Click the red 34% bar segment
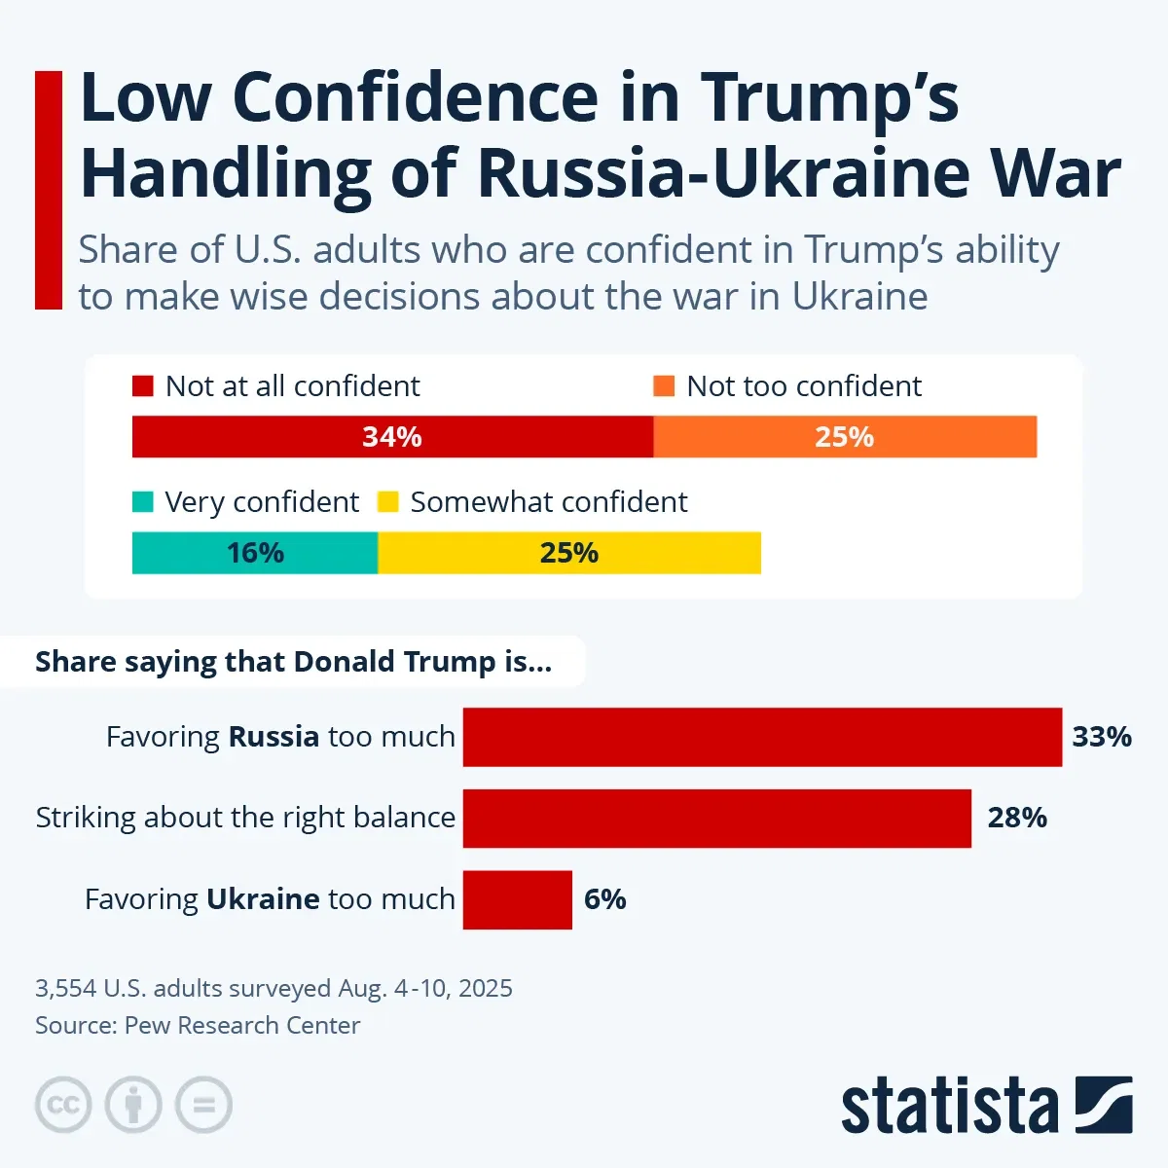click(392, 436)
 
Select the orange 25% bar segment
click(845, 436)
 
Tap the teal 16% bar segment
click(255, 553)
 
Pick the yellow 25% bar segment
click(569, 553)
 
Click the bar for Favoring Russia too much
click(762, 737)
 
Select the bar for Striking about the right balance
click(716, 818)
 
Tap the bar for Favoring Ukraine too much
click(518, 899)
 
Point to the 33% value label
click(1102, 737)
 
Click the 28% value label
click(1017, 818)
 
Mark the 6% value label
click(604, 899)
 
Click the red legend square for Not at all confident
click(143, 386)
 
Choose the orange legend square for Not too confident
click(664, 386)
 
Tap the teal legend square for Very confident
click(143, 502)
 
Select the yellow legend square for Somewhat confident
click(388, 502)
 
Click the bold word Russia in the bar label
click(274, 737)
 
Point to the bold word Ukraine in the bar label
click(263, 899)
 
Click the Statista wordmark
click(949, 1106)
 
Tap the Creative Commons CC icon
click(63, 1105)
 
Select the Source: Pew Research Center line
click(198, 1026)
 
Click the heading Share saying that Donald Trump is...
click(293, 662)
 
